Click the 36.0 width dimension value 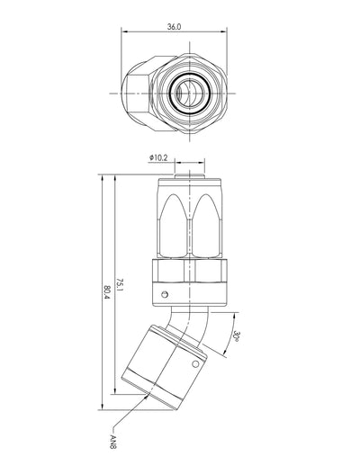(x=175, y=27)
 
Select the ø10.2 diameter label (x=158, y=157)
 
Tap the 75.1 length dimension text (x=120, y=286)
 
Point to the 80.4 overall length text (x=107, y=292)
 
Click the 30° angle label (x=237, y=336)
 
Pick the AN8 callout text (x=113, y=442)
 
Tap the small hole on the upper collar (x=165, y=294)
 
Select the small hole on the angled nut (x=195, y=363)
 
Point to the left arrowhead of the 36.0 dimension (x=123, y=31)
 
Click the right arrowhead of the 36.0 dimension (x=224, y=31)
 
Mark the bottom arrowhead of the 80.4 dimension (x=103, y=407)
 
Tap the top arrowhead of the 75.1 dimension (x=114, y=178)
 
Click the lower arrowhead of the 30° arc (x=224, y=353)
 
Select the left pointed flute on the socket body (x=174, y=225)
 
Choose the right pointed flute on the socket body (x=206, y=225)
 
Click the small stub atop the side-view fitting (x=189, y=176)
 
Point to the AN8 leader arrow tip (x=148, y=394)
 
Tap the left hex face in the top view (x=138, y=94)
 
